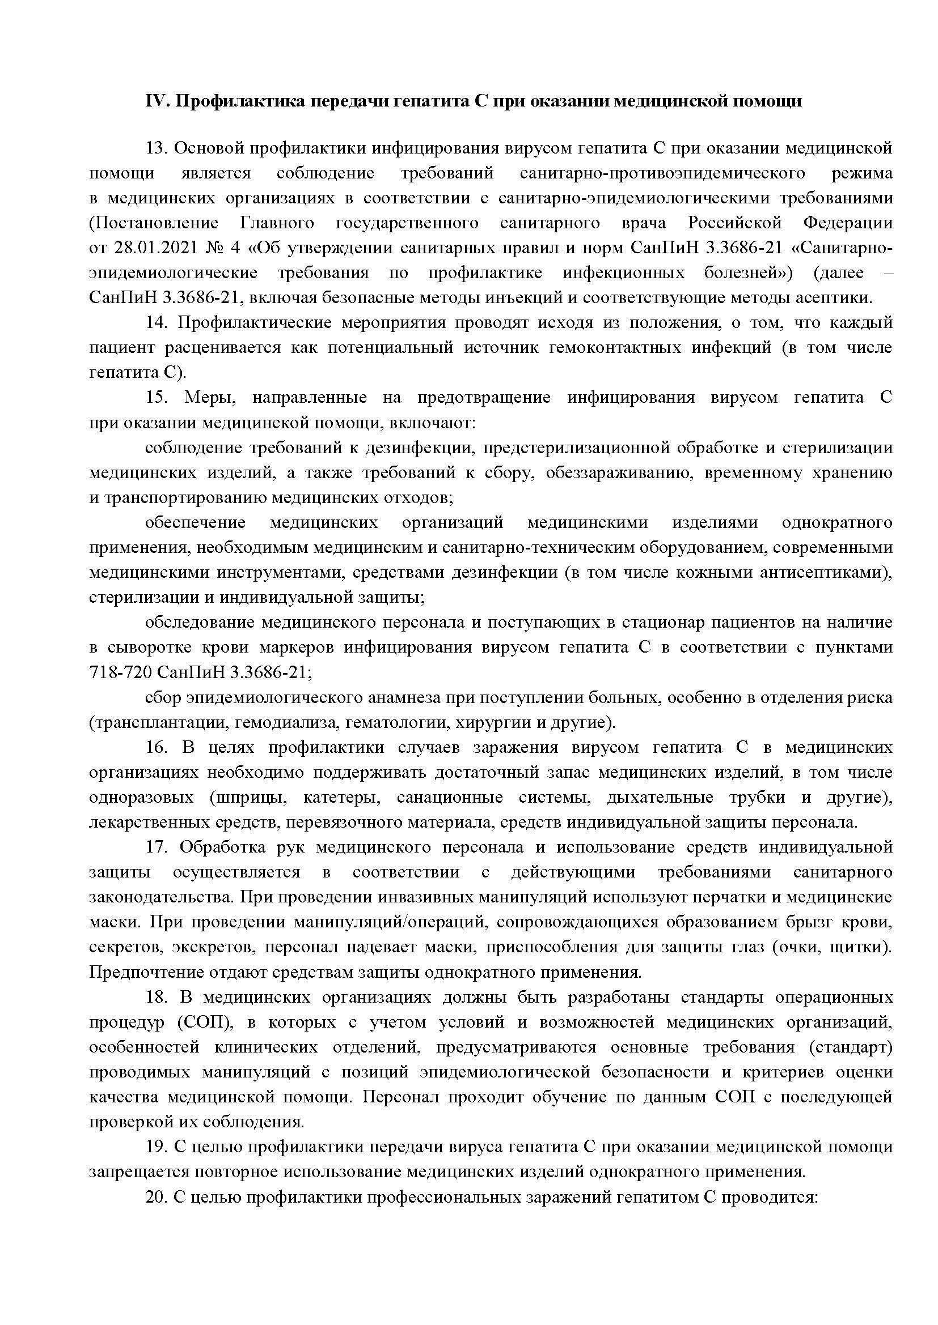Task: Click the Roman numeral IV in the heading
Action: click(x=155, y=101)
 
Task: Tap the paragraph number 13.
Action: click(x=156, y=148)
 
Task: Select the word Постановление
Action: click(x=154, y=223)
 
